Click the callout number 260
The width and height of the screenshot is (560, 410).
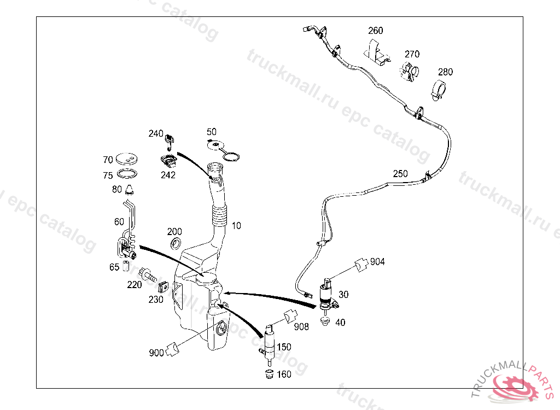[376, 31]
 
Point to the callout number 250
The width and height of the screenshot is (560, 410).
[400, 174]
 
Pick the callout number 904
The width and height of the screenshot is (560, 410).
[377, 262]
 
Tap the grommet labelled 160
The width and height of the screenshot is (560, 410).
[269, 374]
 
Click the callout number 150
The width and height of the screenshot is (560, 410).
[284, 347]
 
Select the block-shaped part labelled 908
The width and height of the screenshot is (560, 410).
[290, 317]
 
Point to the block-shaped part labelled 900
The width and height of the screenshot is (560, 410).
[173, 348]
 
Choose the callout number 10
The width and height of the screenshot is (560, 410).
[236, 225]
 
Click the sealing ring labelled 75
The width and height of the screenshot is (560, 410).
[127, 175]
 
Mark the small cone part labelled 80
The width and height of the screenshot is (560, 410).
[130, 190]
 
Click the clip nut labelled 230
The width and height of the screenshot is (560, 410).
[162, 286]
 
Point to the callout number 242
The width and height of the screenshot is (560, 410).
[168, 175]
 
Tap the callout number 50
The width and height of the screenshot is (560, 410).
[212, 132]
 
